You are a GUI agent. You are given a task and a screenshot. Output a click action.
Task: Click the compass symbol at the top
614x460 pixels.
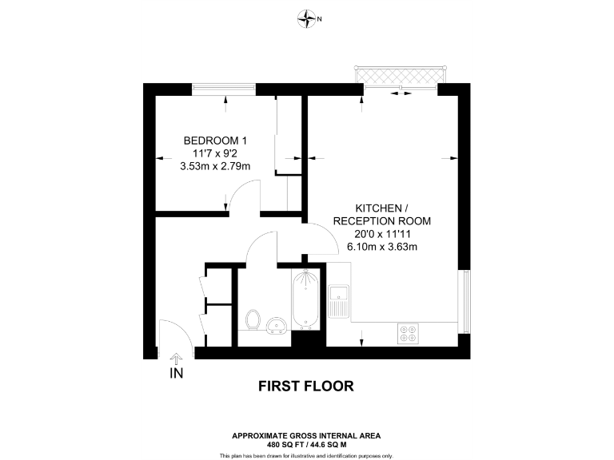click(307, 18)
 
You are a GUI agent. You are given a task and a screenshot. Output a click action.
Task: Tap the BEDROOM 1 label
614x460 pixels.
click(215, 141)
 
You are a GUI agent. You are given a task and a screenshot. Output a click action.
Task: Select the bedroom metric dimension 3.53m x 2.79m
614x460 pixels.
click(215, 166)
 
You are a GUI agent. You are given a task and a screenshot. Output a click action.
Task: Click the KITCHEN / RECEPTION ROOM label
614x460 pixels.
click(382, 214)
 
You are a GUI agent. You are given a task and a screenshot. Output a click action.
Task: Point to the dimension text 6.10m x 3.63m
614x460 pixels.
click(382, 247)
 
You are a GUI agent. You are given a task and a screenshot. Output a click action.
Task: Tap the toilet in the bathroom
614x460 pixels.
click(253, 320)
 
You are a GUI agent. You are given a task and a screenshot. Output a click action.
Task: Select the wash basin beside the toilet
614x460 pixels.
click(277, 324)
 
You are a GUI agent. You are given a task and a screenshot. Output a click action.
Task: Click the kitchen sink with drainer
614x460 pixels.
click(338, 301)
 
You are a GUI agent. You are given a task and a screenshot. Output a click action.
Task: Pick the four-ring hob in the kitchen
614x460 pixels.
click(408, 333)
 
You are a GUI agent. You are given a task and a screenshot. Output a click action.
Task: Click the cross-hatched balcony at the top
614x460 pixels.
click(399, 74)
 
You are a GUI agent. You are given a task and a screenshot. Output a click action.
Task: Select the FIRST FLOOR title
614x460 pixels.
click(306, 387)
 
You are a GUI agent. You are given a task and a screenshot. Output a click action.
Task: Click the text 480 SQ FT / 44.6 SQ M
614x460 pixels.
click(306, 443)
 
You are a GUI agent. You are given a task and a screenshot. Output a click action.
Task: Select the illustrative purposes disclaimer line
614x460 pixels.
click(306, 455)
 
